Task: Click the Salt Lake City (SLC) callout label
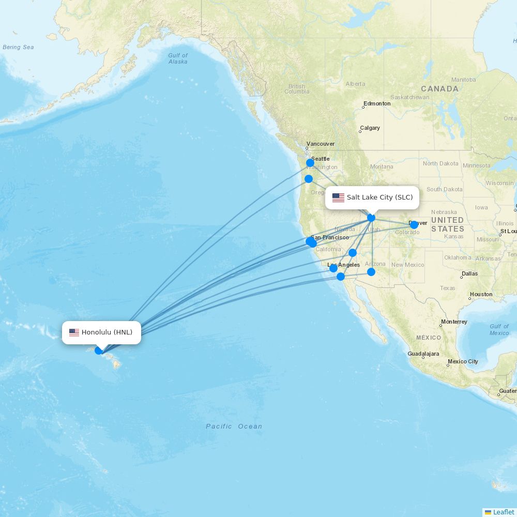tap(372, 197)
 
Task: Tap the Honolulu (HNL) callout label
tap(101, 332)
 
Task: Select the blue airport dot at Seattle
tap(310, 163)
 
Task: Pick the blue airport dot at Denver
tap(414, 224)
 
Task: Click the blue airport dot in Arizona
tap(371, 272)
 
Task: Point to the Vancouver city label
tap(321, 144)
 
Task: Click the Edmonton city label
tap(377, 103)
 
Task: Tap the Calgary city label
tap(370, 128)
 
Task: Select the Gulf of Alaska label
tap(178, 58)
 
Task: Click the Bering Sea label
tap(18, 47)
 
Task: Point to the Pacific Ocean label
tap(234, 427)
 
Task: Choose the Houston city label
tap(481, 294)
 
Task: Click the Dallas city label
tap(469, 273)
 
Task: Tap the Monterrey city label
tap(454, 322)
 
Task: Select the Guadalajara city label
tap(423, 354)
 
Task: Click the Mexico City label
tap(463, 361)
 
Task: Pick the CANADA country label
tap(439, 89)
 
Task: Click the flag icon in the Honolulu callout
tap(74, 332)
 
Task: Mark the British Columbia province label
tap(297, 89)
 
